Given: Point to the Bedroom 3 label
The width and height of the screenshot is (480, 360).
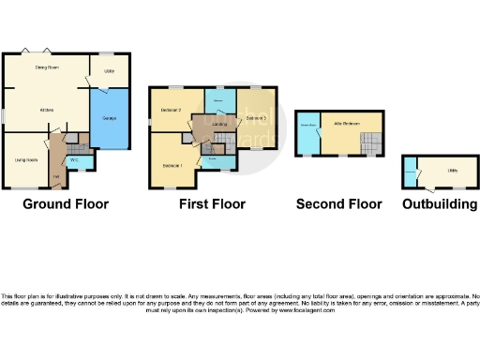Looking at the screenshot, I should pyautogui.click(x=257, y=118).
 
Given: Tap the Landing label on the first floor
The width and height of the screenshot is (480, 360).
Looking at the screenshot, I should pyautogui.click(x=219, y=122).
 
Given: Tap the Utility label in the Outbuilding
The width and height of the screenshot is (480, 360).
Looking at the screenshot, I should pyautogui.click(x=451, y=171).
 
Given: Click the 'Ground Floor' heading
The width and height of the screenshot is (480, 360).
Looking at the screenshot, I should pyautogui.click(x=66, y=203).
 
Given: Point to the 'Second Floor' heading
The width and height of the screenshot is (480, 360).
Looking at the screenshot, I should pyautogui.click(x=338, y=203).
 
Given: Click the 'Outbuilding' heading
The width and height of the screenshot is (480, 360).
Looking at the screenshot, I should pyautogui.click(x=440, y=203).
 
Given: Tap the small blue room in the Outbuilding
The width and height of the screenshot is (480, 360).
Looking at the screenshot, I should pyautogui.click(x=411, y=172).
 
